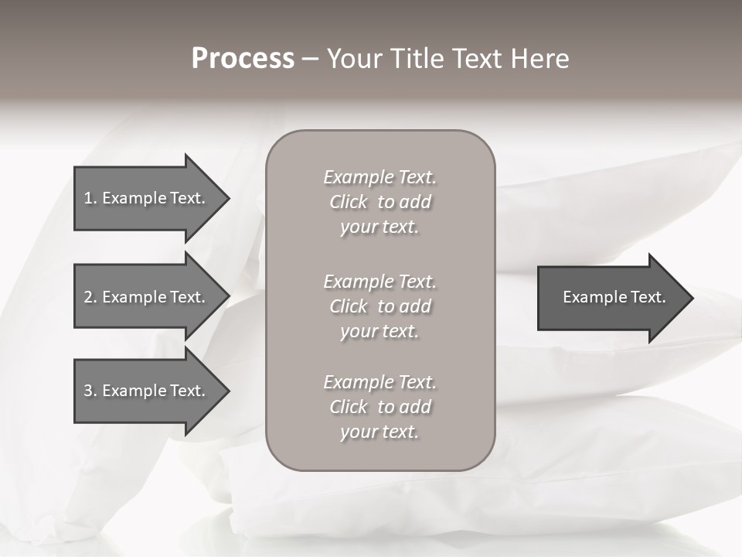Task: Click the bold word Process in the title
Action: point(243,59)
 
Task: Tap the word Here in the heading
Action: point(540,59)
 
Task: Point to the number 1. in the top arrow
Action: point(90,198)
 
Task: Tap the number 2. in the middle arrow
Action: point(90,297)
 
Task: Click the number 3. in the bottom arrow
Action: point(90,391)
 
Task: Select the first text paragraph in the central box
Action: point(380,202)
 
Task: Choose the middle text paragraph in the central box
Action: point(380,306)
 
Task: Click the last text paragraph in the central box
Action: point(380,407)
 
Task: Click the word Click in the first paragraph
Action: point(348,202)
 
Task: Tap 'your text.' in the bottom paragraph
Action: point(380,432)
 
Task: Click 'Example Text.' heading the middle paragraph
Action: point(380,282)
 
